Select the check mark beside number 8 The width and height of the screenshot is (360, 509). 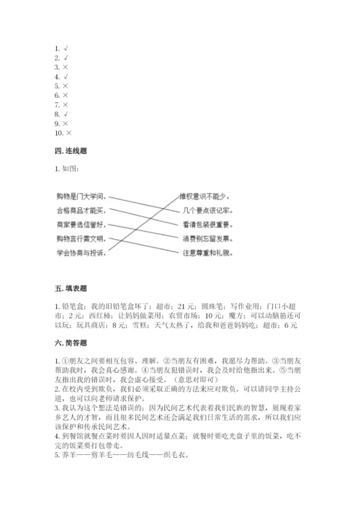point(66,114)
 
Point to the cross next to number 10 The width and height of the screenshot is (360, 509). point(68,133)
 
